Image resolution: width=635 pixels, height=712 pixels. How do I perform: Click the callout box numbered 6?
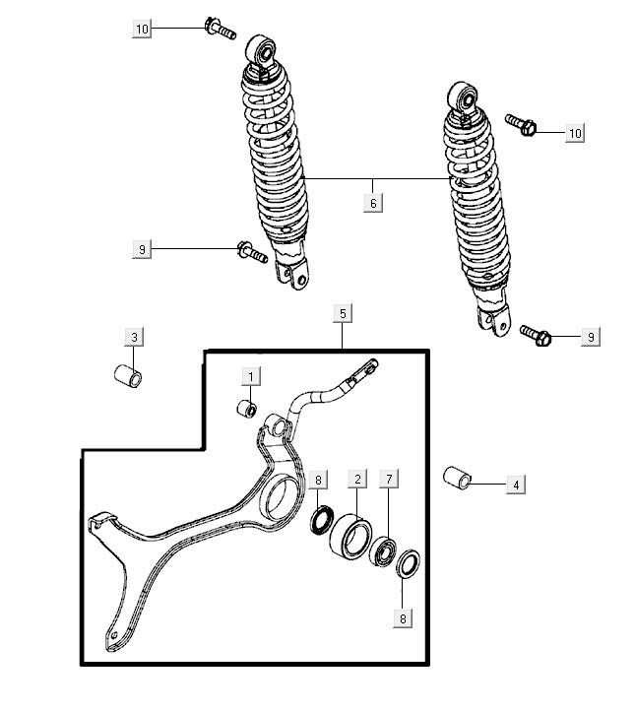point(373,203)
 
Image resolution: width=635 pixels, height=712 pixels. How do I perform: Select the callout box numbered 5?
point(343,313)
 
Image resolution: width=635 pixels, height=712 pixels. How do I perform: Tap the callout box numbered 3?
point(134,337)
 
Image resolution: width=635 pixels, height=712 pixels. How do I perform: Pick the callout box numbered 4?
point(516,485)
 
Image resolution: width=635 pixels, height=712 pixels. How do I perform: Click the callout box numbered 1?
point(250,376)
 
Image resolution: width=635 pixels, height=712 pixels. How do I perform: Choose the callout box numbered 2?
point(357,479)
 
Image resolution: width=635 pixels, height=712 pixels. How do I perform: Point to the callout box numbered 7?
point(389,479)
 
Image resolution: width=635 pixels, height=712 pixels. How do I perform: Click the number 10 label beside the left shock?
point(142,30)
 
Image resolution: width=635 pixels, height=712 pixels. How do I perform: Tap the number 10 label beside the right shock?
point(575,133)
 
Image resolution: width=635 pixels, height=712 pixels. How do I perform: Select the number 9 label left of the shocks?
point(142,249)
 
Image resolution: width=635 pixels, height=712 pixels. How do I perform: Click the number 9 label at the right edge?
point(591,337)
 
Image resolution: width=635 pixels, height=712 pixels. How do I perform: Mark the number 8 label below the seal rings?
point(403,618)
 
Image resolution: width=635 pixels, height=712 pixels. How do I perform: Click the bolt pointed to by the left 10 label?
point(221,29)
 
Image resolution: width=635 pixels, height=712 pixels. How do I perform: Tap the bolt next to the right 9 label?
point(536,336)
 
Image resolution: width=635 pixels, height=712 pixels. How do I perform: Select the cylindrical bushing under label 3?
point(128,376)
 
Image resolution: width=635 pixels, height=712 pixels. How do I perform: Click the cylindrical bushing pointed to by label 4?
point(457,478)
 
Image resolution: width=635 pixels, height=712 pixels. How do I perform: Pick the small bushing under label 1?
point(247,409)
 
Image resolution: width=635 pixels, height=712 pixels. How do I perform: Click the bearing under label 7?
point(383,551)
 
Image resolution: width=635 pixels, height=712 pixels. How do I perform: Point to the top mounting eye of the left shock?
point(262,49)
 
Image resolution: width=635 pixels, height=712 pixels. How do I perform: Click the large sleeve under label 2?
point(351,537)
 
